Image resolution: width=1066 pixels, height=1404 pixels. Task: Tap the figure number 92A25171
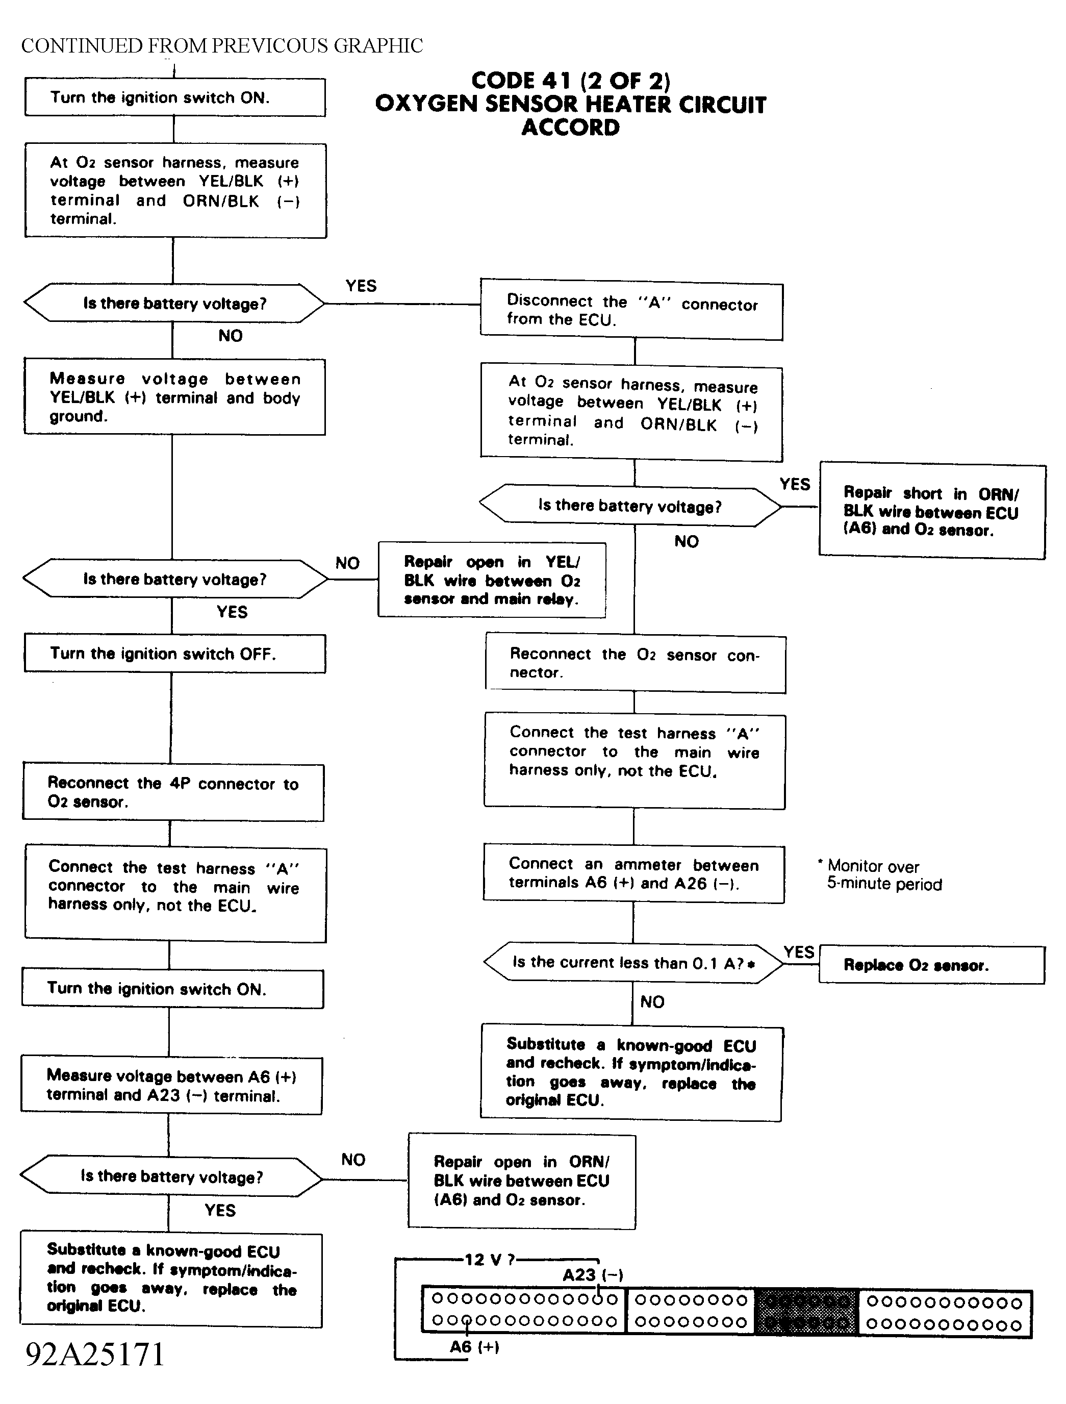(x=95, y=1354)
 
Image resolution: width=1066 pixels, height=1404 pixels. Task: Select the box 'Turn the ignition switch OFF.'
(x=175, y=653)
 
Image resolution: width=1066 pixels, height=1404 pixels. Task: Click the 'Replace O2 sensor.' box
(x=931, y=965)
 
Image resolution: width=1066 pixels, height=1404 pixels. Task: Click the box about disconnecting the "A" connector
(x=631, y=310)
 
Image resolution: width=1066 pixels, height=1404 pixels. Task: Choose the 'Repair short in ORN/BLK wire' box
(x=932, y=511)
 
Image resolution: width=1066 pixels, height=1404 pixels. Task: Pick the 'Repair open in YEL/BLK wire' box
(x=492, y=580)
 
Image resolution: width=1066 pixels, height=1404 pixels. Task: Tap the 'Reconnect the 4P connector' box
(x=173, y=792)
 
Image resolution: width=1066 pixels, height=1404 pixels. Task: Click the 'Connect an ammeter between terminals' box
(x=633, y=873)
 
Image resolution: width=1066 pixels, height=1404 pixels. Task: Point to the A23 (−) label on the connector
(x=593, y=1274)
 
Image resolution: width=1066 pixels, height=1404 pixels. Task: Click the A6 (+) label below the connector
(x=474, y=1346)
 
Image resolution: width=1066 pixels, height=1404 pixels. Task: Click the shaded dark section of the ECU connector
(x=806, y=1311)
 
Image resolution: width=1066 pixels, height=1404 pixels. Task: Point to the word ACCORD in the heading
(x=570, y=127)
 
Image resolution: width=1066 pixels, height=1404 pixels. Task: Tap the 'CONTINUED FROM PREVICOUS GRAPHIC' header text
(x=222, y=46)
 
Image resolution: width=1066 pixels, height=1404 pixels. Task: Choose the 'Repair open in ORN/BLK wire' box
(x=522, y=1181)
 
